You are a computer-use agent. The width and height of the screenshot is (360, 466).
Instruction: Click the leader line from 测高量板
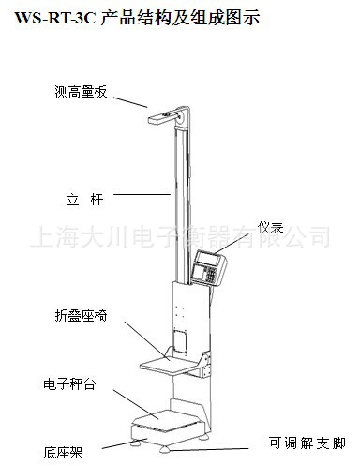(132, 99)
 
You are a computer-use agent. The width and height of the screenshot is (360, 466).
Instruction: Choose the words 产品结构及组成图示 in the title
(179, 16)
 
